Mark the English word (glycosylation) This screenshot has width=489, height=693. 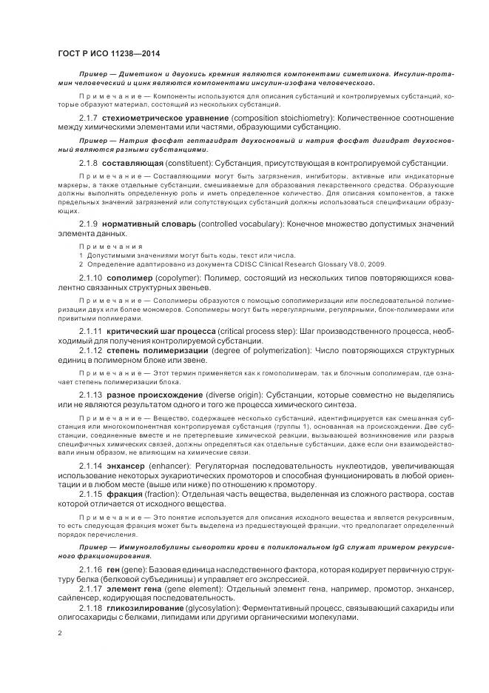pos(235,608)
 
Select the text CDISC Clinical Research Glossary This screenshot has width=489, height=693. pos(270,262)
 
